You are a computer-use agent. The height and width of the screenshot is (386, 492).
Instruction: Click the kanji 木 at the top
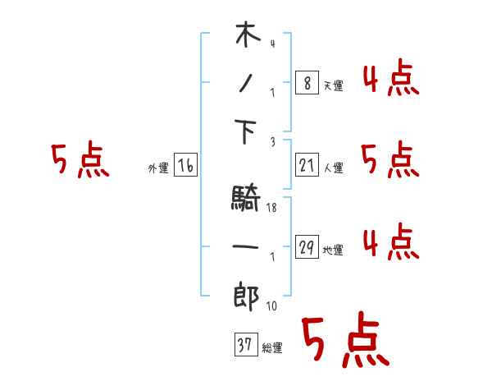click(x=247, y=37)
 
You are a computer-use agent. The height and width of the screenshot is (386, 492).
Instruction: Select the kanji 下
click(x=247, y=131)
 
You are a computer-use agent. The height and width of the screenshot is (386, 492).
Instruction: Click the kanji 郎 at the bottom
click(x=247, y=294)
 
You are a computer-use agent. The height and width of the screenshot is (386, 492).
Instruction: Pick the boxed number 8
click(x=306, y=83)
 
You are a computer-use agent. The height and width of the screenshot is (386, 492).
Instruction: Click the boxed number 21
click(x=306, y=166)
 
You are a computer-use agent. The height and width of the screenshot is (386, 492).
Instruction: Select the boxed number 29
click(x=306, y=246)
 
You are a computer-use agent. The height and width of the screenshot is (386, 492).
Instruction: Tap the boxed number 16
click(x=185, y=167)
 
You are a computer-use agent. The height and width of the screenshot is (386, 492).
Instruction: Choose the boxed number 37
click(x=245, y=345)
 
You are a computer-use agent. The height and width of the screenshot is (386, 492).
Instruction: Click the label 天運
click(x=333, y=85)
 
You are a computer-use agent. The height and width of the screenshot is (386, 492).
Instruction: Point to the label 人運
click(x=333, y=168)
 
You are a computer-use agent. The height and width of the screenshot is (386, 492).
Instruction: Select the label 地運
click(x=333, y=250)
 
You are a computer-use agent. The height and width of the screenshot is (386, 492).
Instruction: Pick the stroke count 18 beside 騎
click(x=271, y=208)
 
